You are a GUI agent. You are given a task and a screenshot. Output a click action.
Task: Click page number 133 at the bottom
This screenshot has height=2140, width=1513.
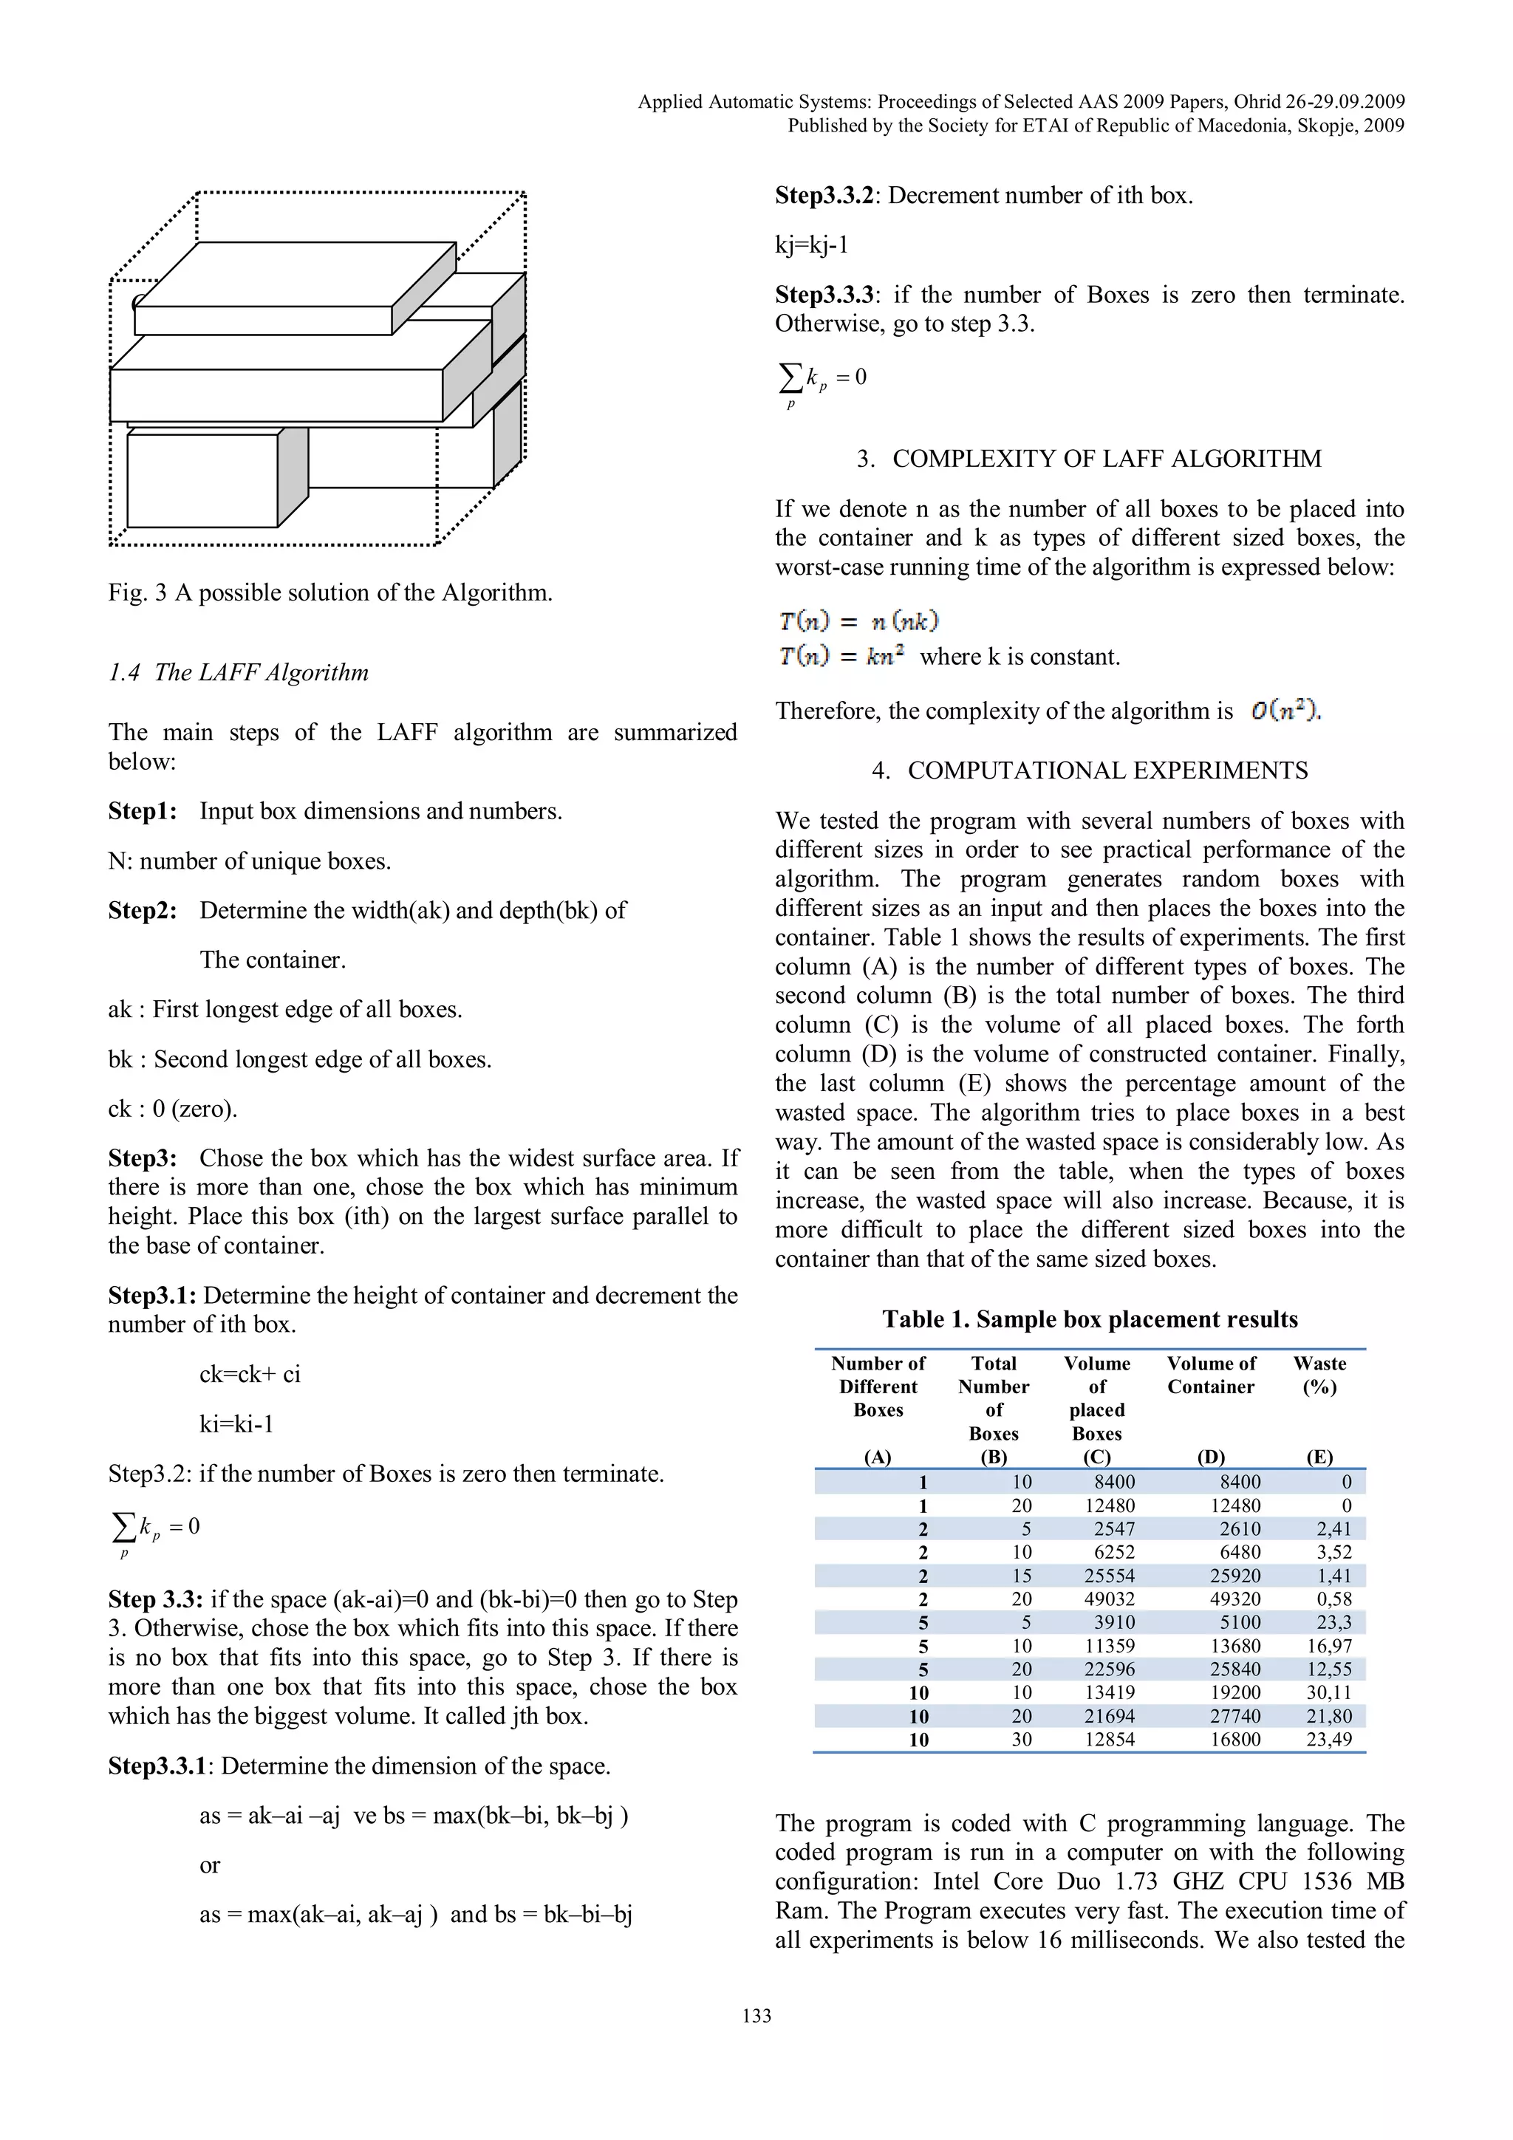coord(756,2015)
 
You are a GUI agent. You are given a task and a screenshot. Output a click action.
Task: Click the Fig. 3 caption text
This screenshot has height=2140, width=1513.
coord(330,592)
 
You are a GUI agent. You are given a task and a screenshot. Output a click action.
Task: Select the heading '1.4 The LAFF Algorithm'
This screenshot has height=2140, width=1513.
coord(239,672)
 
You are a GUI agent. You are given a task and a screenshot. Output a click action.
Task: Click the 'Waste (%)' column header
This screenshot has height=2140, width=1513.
coord(1319,1375)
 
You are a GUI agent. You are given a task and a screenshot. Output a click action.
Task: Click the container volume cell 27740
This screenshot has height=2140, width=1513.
coord(1234,1716)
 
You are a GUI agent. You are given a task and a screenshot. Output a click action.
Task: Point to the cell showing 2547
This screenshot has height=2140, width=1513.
coord(1114,1528)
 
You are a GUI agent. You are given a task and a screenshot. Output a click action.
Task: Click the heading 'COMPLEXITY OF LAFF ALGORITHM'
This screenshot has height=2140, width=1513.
coord(1107,459)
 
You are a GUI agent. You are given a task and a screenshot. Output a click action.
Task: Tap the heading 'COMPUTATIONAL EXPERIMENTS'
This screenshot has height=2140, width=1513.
coord(1107,770)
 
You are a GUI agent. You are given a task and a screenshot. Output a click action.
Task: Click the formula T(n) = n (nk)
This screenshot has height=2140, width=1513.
coord(858,621)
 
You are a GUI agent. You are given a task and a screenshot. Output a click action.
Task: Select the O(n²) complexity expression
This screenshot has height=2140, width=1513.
coord(1284,711)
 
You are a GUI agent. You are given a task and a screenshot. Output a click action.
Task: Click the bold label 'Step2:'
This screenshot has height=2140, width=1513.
coord(143,911)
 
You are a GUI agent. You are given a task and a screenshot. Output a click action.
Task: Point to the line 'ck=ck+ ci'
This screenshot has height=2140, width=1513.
coord(250,1374)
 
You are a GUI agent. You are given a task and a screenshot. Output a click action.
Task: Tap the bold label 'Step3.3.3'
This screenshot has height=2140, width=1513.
coord(824,295)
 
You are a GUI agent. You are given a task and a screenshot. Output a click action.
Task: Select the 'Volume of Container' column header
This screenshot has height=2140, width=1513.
coord(1210,1375)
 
